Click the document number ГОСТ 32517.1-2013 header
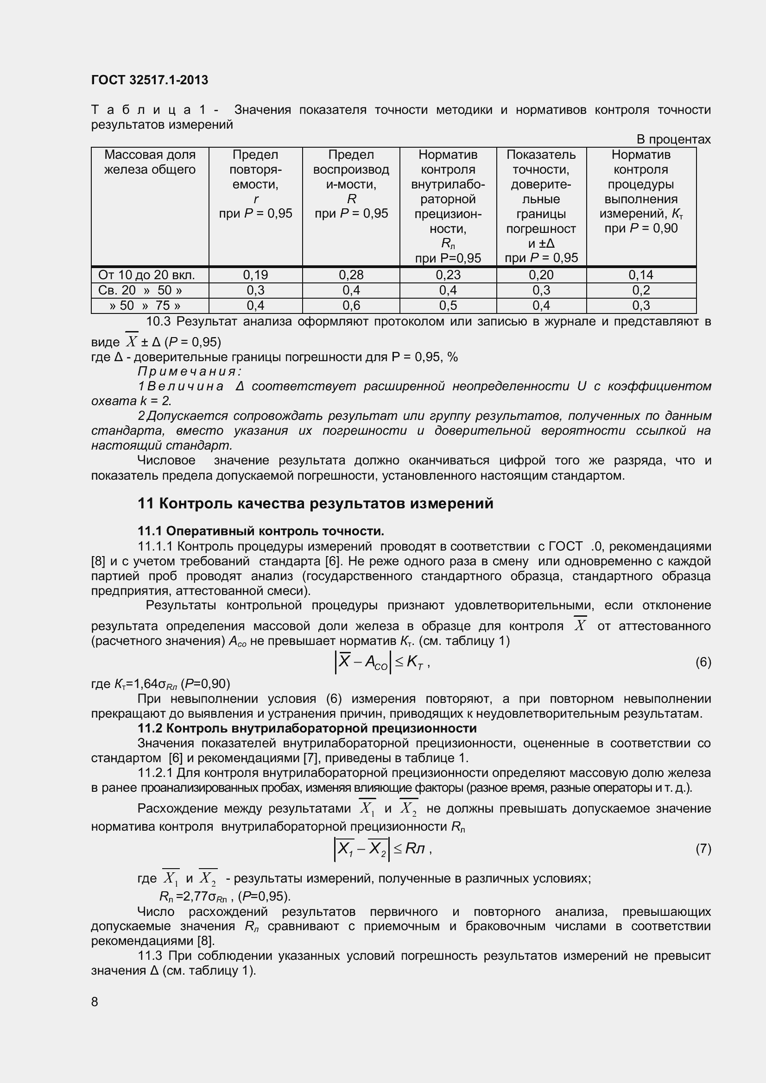tap(149, 80)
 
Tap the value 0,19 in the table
tap(255, 275)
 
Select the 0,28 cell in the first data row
tap(351, 275)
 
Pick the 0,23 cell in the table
tap(448, 275)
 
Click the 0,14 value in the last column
tap(641, 275)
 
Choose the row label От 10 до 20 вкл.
tap(146, 275)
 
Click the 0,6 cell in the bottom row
tap(351, 306)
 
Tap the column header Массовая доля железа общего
tap(150, 162)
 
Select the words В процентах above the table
tap(673, 139)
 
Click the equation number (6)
tap(703, 662)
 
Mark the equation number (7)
tap(703, 849)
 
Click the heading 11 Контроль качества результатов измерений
tap(315, 503)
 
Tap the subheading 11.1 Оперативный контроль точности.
tap(260, 531)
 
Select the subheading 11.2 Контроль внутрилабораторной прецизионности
tap(307, 728)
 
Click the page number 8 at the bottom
tap(95, 1002)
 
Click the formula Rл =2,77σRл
tap(194, 896)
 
